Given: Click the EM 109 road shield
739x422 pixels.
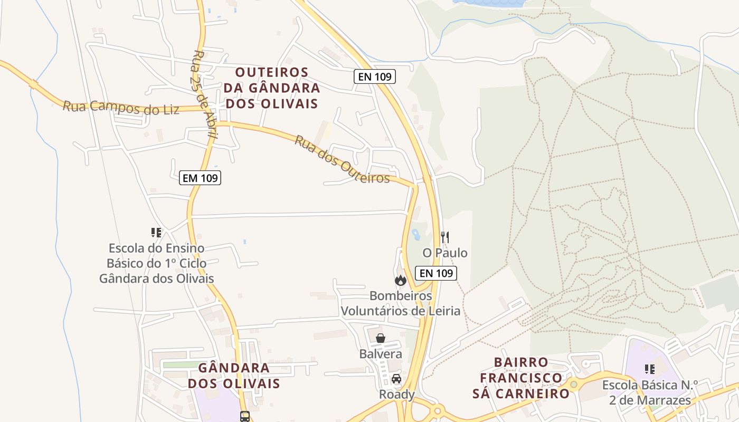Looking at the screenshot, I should click(x=200, y=178).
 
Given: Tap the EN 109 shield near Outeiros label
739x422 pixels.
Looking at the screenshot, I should click(x=375, y=76).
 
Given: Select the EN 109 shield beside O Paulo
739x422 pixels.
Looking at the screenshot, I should click(x=437, y=273).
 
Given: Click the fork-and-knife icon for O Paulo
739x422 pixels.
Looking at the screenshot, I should click(x=445, y=237).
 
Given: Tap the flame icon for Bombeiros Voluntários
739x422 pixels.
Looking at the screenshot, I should click(x=401, y=280).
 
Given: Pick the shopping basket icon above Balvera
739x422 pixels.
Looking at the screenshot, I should click(x=381, y=338).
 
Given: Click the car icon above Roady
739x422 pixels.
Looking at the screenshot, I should click(x=396, y=378).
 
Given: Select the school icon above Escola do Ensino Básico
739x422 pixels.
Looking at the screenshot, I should click(x=156, y=232).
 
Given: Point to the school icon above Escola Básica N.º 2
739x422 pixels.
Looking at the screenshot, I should click(x=650, y=369).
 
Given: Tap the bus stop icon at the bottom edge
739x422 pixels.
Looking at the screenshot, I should click(x=245, y=416).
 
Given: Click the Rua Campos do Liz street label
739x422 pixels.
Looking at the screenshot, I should click(x=121, y=107).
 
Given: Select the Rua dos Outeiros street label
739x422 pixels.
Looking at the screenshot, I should click(x=342, y=159).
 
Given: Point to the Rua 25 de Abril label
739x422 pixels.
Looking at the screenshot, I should click(x=205, y=95).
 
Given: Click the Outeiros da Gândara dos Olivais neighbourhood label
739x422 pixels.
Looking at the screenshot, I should click(x=272, y=88).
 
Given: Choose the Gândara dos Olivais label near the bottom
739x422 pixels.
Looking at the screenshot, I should click(x=234, y=375).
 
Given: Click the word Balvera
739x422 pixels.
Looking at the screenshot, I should click(x=381, y=353).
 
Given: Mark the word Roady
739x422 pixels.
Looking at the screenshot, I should click(x=396, y=395).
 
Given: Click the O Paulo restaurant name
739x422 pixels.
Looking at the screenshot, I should click(x=445, y=253).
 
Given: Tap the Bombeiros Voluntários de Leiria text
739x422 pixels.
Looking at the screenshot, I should click(x=401, y=303).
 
